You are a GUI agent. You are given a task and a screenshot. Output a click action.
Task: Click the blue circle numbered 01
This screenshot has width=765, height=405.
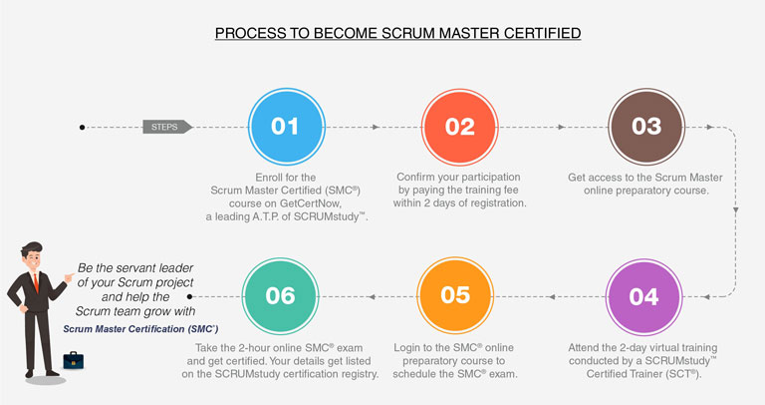click(x=284, y=127)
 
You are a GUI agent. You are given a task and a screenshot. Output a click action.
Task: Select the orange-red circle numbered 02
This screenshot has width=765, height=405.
click(x=459, y=127)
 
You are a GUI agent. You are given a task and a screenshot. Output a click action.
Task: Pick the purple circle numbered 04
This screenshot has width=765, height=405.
click(x=643, y=296)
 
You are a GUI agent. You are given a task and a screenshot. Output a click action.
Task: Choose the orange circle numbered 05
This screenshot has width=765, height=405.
click(x=454, y=296)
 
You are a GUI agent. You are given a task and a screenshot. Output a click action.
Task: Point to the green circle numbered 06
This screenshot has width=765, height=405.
click(x=280, y=296)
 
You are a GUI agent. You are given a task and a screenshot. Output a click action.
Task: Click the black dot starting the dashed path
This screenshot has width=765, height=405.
click(x=83, y=127)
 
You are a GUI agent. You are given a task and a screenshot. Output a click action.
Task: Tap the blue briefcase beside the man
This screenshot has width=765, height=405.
click(x=72, y=359)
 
